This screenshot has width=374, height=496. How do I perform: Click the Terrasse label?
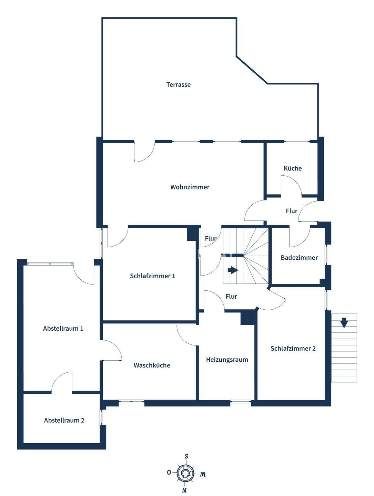tap(178, 84)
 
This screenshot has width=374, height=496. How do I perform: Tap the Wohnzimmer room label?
tap(190, 187)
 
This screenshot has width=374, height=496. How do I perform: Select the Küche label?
tap(292, 168)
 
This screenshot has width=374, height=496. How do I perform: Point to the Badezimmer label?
tap(299, 257)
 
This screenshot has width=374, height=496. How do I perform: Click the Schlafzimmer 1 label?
tap(152, 276)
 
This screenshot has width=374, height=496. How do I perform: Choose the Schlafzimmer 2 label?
tap(293, 348)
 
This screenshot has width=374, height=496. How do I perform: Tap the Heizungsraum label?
tap(227, 360)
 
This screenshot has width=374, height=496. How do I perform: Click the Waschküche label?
tap(152, 365)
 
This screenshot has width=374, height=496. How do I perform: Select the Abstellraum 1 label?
tap(63, 328)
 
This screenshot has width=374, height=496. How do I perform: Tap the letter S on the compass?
tap(186, 456)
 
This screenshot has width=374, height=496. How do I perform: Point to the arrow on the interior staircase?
tap(233, 270)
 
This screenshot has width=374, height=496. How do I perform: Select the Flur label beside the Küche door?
tap(292, 211)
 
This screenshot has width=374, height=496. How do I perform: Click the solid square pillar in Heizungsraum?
tap(247, 318)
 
